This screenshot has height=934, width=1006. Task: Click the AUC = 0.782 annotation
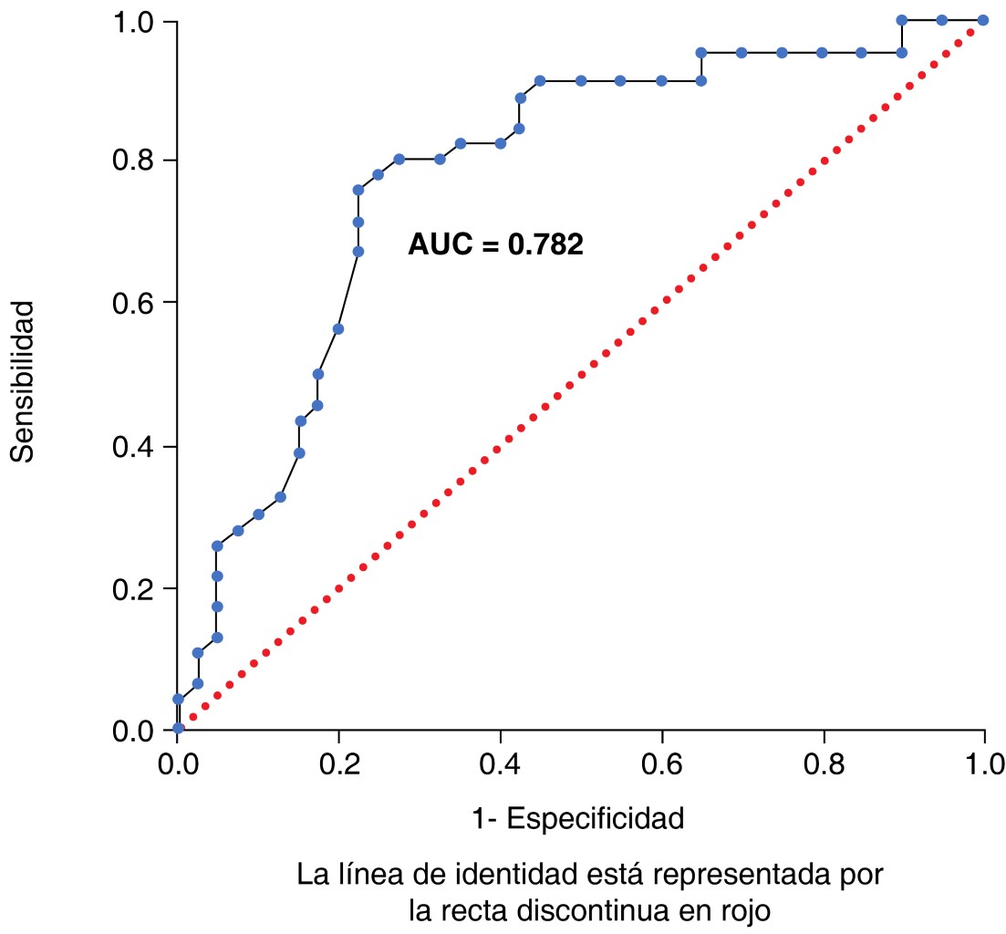pyautogui.click(x=495, y=244)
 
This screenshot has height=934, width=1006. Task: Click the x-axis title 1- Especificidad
pyautogui.click(x=578, y=818)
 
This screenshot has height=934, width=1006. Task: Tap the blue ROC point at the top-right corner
pyautogui.click(x=982, y=20)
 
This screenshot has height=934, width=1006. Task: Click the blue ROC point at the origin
pyautogui.click(x=179, y=728)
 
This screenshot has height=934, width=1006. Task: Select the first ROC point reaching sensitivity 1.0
pyautogui.click(x=902, y=20)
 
